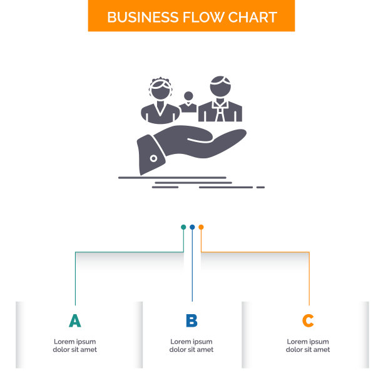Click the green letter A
tap(74, 321)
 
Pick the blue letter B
tap(191, 321)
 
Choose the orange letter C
tap(308, 321)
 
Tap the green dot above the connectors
tap(183, 227)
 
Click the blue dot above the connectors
tap(192, 227)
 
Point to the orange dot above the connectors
tap(201, 227)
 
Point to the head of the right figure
tap(220, 87)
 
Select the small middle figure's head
tap(188, 97)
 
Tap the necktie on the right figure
tap(220, 113)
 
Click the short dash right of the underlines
tap(260, 186)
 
